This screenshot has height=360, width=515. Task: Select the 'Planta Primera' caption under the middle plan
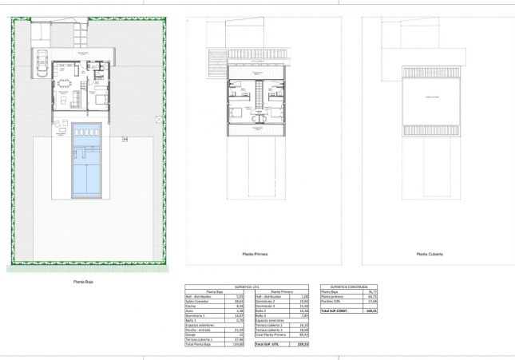255,255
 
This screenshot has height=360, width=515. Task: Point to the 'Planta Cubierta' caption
430,255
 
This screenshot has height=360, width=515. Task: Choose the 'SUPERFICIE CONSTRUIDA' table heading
348,287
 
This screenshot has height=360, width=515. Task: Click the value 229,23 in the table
302,344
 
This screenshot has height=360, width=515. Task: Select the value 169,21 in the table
370,311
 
